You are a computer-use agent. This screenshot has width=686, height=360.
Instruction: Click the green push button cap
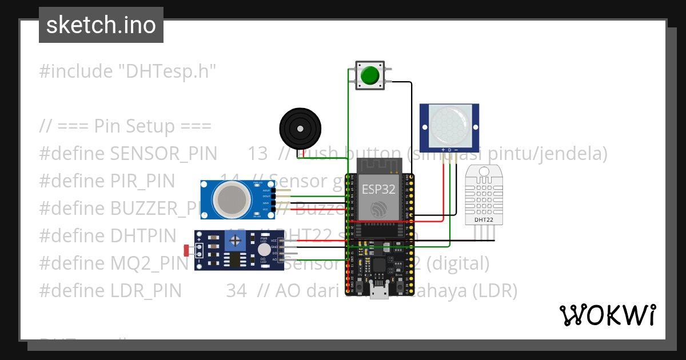[370, 75]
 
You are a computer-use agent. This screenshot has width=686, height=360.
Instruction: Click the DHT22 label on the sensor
[484, 219]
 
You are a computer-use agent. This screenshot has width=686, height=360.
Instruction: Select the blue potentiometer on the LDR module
[233, 242]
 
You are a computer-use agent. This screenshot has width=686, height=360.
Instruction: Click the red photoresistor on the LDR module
[187, 250]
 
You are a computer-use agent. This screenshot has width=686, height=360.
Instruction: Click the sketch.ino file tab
[101, 25]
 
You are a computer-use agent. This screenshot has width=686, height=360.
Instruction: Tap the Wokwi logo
[607, 315]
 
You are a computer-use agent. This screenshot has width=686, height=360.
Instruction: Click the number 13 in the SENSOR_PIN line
[258, 154]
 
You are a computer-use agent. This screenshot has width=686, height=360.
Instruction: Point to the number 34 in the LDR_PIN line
[237, 291]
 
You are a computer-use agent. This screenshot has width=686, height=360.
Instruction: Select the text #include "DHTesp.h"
[128, 71]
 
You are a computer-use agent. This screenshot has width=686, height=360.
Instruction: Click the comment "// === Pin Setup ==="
[126, 126]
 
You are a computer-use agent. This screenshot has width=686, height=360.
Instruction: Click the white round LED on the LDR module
[262, 249]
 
